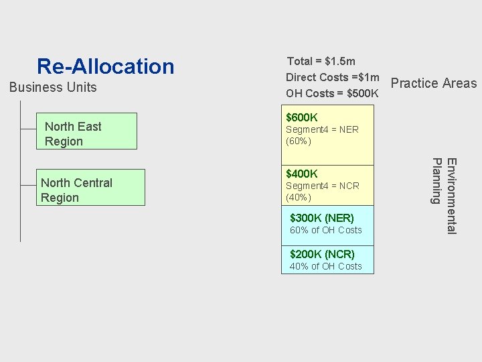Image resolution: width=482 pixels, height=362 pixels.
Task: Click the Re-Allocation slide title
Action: (105, 66)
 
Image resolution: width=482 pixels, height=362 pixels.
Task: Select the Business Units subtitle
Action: (52, 87)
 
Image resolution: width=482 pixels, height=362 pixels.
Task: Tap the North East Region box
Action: (86, 131)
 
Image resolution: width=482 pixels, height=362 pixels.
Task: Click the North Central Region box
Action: (90, 187)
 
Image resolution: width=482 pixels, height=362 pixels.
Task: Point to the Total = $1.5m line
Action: (321, 61)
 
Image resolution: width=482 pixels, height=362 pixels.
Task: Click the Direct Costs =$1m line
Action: (332, 77)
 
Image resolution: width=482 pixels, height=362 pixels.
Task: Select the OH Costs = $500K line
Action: (332, 93)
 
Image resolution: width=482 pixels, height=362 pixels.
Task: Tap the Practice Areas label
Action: (433, 83)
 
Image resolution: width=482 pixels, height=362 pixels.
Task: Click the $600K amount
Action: (302, 118)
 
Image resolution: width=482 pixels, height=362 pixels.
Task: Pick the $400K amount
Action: (302, 174)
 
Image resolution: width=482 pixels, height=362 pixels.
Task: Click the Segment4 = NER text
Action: (322, 129)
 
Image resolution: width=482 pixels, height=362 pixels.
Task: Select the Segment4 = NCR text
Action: (322, 186)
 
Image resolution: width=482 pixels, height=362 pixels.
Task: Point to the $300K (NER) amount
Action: (322, 218)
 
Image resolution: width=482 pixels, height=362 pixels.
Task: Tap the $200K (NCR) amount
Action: (322, 254)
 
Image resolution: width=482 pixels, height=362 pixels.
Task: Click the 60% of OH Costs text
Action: (325, 230)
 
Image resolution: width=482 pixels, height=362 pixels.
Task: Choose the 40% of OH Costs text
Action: (325, 266)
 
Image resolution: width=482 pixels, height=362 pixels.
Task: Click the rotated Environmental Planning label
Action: (444, 194)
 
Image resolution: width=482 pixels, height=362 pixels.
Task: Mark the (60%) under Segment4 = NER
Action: (299, 141)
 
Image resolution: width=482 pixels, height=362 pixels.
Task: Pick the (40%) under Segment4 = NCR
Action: (299, 198)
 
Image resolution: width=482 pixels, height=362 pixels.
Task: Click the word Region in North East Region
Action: (64, 141)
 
